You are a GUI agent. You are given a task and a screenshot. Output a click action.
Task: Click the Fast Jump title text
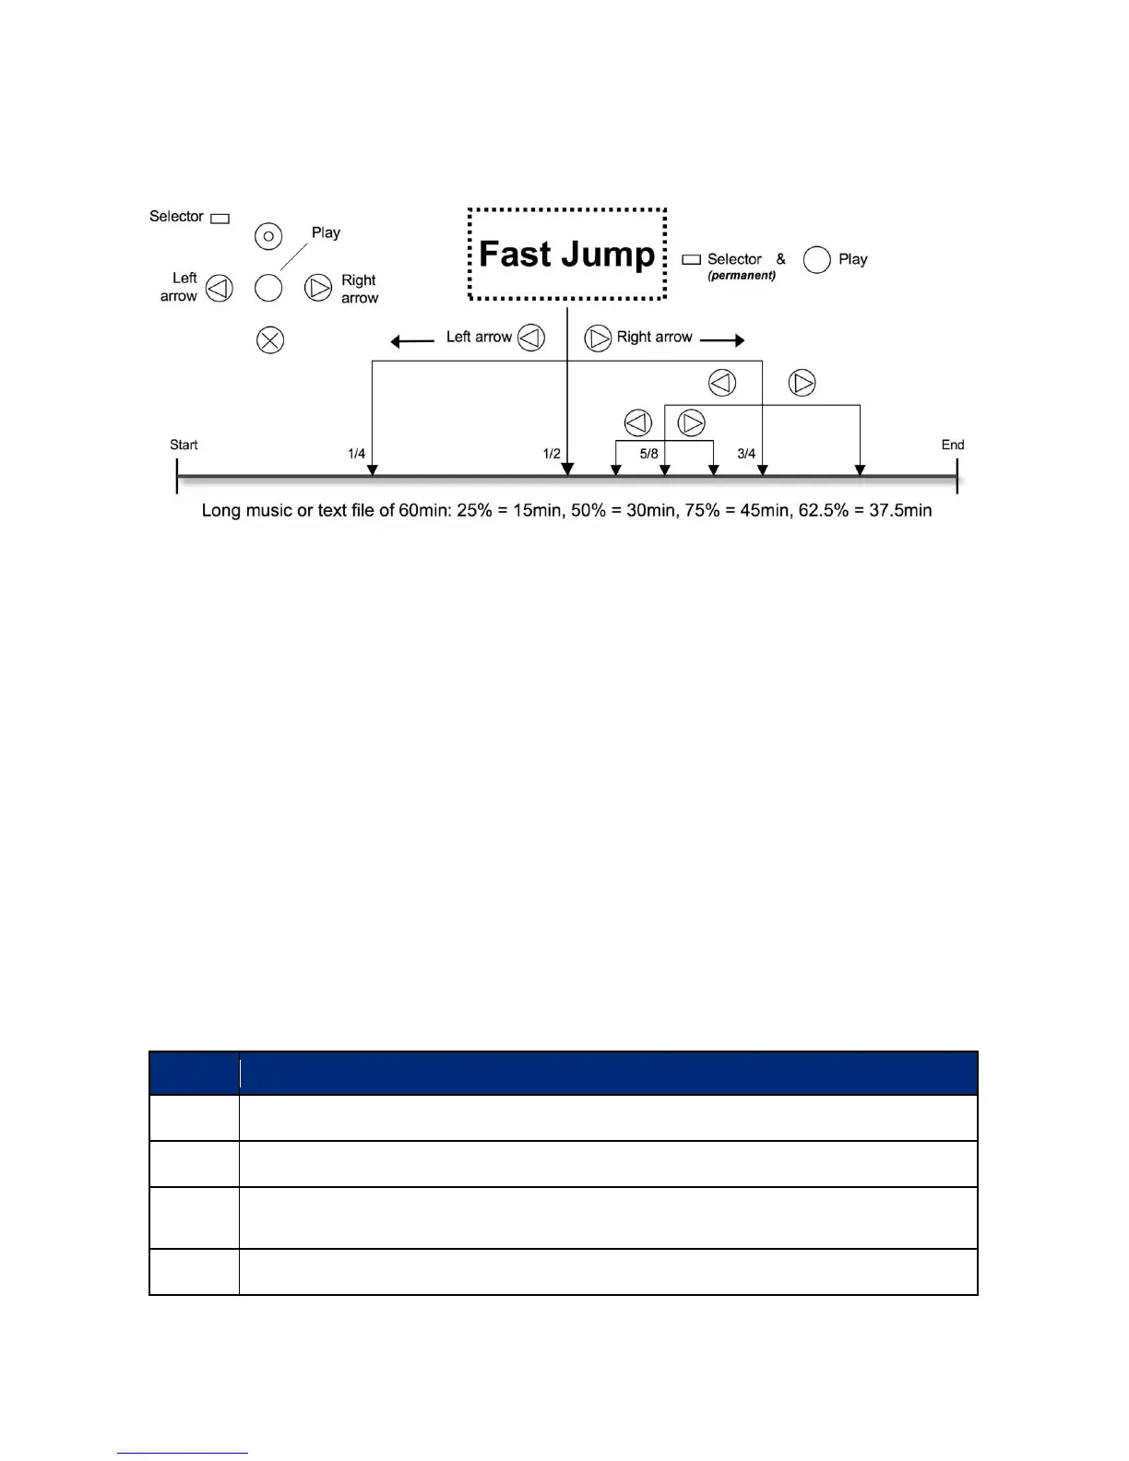(566, 255)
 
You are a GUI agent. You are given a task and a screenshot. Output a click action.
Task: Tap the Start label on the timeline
(184, 445)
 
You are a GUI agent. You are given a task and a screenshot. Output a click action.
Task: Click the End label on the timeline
(952, 445)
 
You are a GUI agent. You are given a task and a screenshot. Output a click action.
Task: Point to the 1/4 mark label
(356, 454)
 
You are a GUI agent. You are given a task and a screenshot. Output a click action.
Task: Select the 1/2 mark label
(551, 454)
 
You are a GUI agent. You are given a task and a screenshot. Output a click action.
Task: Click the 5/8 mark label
(648, 454)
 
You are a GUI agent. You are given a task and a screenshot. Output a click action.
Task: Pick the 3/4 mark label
(746, 454)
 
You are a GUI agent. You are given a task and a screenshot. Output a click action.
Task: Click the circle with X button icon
(269, 340)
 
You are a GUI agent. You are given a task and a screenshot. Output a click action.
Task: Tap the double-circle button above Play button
(268, 237)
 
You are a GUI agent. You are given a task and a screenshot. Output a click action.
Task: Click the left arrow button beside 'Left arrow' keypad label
(220, 289)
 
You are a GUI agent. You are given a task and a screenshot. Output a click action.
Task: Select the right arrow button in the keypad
(318, 289)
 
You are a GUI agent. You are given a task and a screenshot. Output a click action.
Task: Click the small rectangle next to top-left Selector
(220, 219)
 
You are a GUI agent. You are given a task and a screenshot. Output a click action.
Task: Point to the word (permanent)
(742, 276)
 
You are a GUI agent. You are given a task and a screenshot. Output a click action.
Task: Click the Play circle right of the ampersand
(817, 260)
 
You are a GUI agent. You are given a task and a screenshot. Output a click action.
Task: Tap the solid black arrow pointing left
(411, 341)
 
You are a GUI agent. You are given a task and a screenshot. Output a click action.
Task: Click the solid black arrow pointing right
(722, 340)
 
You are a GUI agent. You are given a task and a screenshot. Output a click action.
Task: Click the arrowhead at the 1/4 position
(372, 470)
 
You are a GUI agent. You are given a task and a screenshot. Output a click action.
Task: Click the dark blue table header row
(563, 1073)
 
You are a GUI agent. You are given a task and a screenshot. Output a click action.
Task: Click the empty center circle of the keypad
(268, 289)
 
